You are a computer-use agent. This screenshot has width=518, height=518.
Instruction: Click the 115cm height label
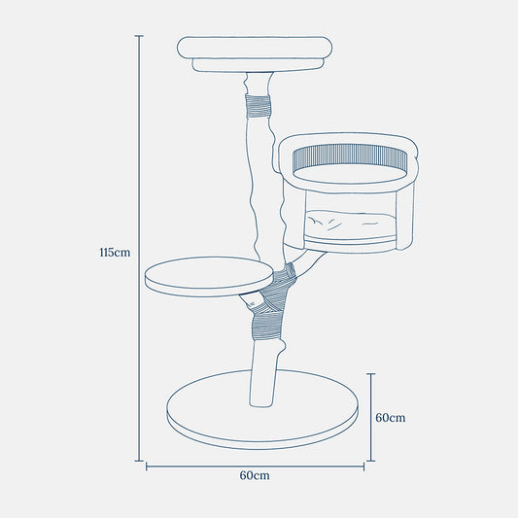click(x=114, y=253)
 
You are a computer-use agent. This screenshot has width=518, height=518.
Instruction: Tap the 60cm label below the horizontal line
click(x=254, y=476)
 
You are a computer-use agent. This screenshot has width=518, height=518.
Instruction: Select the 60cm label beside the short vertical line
click(x=390, y=417)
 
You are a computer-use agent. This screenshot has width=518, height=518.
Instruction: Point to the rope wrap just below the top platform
click(x=257, y=105)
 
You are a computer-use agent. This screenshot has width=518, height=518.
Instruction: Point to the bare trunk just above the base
click(x=263, y=379)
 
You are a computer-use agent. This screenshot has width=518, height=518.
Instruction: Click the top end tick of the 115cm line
click(x=139, y=36)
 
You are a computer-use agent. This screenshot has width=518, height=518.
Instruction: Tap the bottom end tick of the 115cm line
click(x=139, y=460)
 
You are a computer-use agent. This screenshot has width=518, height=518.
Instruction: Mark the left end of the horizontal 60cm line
click(x=147, y=466)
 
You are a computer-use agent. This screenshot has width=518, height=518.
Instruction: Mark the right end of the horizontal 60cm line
click(x=363, y=466)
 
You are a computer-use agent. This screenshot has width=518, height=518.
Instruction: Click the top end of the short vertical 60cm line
click(x=370, y=373)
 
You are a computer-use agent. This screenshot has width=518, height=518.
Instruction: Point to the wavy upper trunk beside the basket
click(x=259, y=185)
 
